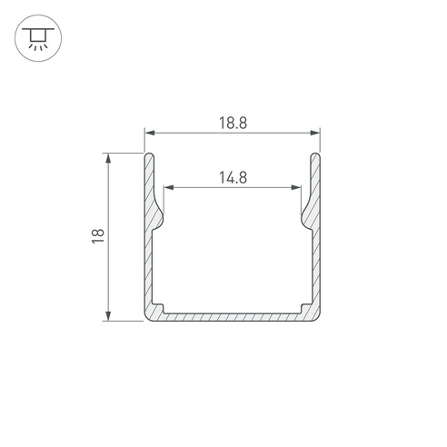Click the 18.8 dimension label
pos(233,124)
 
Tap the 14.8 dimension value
pos(233,177)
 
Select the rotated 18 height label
pos(98,236)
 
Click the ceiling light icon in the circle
pos(38,38)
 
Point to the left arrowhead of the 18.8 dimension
pos(150,133)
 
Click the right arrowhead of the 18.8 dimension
pos(315,133)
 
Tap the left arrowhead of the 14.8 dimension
pos(169,187)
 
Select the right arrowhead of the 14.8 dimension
pos(296,187)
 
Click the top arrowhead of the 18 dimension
pos(108,158)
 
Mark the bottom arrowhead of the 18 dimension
pos(108,315)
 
